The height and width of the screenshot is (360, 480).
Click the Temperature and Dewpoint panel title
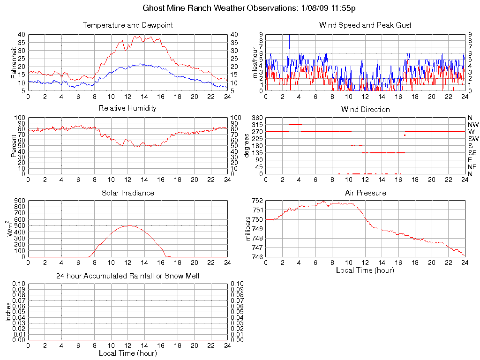tap(127, 25)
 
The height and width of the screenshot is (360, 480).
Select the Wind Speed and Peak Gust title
tap(365, 25)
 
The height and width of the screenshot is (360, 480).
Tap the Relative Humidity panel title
tap(127, 108)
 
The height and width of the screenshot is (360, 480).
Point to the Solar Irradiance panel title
tap(127, 193)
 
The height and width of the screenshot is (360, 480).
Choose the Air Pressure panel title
tap(365, 193)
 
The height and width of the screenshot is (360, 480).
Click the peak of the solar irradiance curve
tap(127, 225)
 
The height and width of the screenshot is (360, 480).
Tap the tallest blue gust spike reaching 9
tap(289, 36)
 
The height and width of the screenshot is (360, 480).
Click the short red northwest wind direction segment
tap(295, 124)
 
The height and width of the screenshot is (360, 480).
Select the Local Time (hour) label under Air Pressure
tap(365, 270)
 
